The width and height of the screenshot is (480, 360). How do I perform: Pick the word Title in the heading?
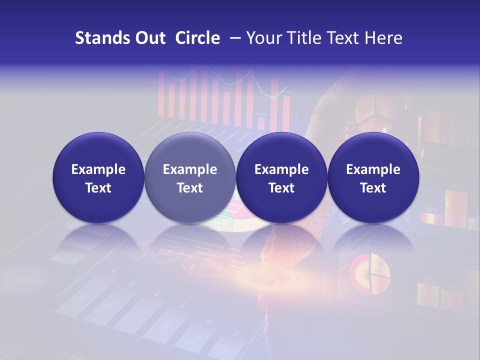click(305, 38)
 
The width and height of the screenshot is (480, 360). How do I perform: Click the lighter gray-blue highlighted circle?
click(190, 178)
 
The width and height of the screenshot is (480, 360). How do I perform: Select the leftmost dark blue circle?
click(98, 178)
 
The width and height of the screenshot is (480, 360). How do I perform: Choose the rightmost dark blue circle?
click(373, 178)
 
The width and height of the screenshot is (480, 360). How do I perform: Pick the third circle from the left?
click(281, 178)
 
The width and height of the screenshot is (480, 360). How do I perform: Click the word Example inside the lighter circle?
click(190, 169)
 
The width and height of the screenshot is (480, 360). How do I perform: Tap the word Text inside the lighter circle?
click(190, 188)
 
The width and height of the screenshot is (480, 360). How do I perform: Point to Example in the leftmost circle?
click(98, 169)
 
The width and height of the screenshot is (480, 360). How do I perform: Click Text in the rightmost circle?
click(373, 188)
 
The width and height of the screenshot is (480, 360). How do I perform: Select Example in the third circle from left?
click(281, 169)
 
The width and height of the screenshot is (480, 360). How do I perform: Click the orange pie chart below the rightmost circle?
click(369, 273)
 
